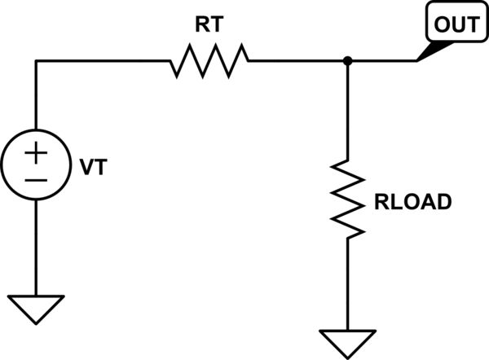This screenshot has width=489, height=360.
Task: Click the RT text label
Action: [209, 25]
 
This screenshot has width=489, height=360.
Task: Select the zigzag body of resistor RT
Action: [209, 60]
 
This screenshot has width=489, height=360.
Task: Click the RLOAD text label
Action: [412, 202]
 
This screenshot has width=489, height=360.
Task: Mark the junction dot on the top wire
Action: [348, 60]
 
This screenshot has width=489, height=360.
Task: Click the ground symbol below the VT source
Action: [37, 308]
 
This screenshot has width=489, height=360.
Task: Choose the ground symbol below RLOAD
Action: [348, 340]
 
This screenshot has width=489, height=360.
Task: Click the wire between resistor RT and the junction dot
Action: [297, 60]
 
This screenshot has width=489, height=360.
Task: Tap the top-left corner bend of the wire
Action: [37, 60]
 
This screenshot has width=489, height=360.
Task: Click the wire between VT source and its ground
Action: [37, 244]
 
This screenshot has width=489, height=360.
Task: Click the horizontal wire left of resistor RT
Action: [102, 60]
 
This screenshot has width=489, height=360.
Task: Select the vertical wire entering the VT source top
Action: [37, 98]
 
